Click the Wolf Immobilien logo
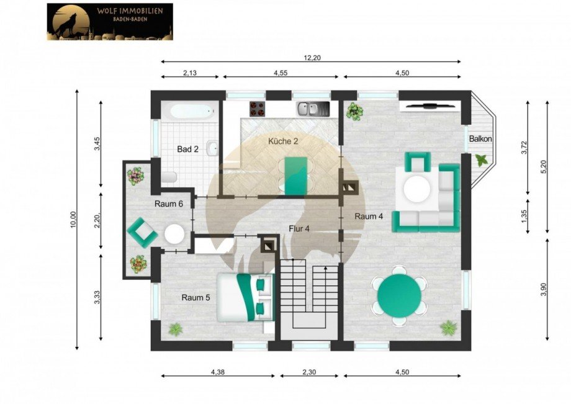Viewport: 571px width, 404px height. (x=110, y=22)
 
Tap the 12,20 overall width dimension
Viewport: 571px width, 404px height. (x=312, y=57)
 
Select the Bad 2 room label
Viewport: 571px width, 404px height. (x=188, y=149)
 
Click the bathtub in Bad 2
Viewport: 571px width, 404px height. (x=191, y=111)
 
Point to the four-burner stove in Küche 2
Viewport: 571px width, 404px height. (x=258, y=109)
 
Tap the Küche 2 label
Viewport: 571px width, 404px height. (x=283, y=141)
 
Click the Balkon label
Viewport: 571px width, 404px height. (x=480, y=138)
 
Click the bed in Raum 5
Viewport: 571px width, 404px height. (x=245, y=297)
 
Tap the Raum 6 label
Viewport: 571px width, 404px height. (x=169, y=204)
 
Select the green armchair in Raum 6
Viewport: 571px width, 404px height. (x=142, y=233)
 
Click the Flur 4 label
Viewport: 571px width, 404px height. (x=299, y=228)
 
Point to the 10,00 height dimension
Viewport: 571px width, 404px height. (x=74, y=220)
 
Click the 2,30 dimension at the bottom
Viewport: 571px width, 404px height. (x=309, y=372)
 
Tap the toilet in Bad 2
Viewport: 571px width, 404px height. (x=169, y=177)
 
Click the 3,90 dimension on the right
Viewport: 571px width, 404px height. (x=544, y=289)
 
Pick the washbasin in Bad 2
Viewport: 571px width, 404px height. (x=212, y=148)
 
